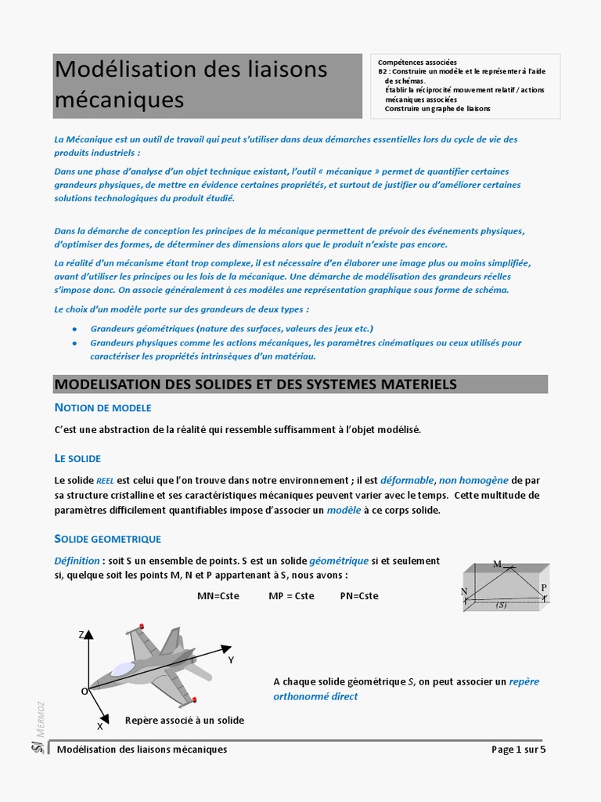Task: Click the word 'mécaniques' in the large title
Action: tap(120, 100)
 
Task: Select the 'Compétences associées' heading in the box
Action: tap(417, 63)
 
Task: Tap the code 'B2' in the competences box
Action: tap(383, 71)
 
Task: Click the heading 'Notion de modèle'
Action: tap(103, 408)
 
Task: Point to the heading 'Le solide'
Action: tap(77, 458)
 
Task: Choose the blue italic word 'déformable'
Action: tap(407, 480)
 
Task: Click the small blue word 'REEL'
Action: tap(105, 481)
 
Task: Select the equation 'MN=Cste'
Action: tap(218, 596)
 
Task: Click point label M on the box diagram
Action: tap(497, 564)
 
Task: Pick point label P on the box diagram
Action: tap(544, 587)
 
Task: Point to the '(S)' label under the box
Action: tap(502, 605)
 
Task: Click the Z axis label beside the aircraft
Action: tap(81, 634)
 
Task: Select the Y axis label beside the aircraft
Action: tap(231, 660)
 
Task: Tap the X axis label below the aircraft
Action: tap(99, 726)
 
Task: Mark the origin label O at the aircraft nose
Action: tap(84, 692)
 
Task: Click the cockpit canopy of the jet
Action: tap(124, 669)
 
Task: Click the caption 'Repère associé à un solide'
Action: tap(185, 721)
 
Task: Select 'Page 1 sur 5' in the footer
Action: tap(518, 750)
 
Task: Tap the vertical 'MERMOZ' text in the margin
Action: tap(41, 717)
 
